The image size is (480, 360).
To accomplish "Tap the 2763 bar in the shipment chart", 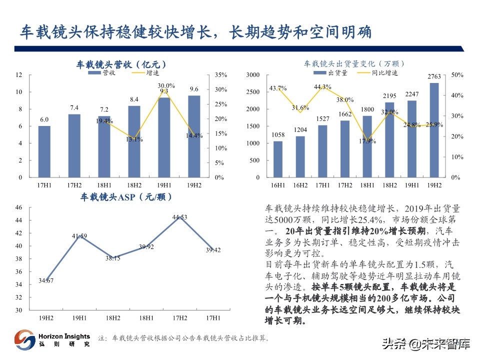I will point(434,130).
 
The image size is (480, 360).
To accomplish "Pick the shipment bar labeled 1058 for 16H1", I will point(278,159).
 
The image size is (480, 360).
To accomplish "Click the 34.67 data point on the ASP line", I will point(46,280).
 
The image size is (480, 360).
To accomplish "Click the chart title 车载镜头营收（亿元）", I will point(121,64).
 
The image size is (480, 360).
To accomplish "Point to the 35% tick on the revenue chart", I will point(220,75).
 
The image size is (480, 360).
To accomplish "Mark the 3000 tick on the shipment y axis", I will point(252,75).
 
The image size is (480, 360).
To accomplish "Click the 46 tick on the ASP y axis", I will point(19,207).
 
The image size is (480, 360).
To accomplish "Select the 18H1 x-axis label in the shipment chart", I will point(367,185).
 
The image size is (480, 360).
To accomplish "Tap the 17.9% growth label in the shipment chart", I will point(367,141).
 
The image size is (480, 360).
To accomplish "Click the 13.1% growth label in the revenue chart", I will point(134,139).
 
